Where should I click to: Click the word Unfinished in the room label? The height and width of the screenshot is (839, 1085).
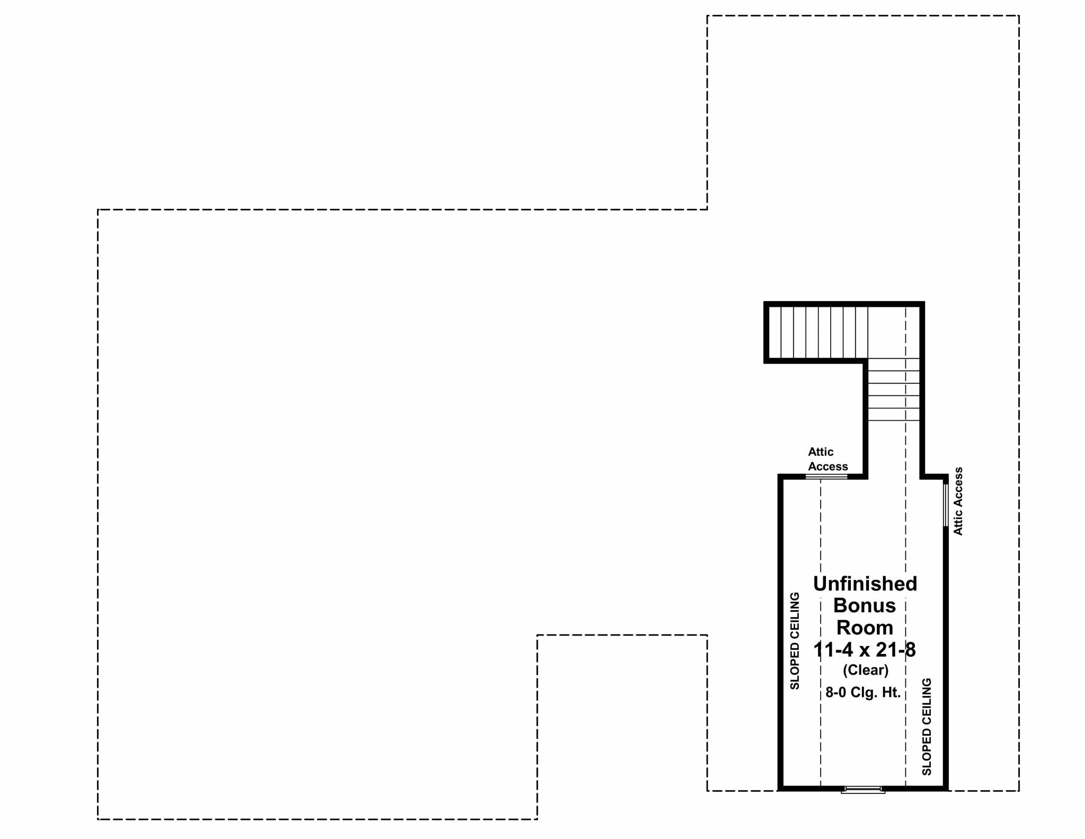tap(865, 584)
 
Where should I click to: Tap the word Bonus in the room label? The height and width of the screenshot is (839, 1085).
tap(865, 605)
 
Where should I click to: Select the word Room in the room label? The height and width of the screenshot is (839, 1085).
tap(865, 628)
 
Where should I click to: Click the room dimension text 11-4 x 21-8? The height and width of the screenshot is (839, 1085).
tap(865, 650)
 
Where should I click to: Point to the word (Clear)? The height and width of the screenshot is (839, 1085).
tap(866, 670)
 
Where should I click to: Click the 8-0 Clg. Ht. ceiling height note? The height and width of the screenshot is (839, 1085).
tap(863, 693)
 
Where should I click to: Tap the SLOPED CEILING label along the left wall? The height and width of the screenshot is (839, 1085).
tap(795, 641)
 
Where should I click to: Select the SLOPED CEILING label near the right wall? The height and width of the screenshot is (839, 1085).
tap(927, 727)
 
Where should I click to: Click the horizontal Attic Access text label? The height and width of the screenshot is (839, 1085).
tap(828, 459)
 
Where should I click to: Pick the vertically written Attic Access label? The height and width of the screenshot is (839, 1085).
tap(958, 501)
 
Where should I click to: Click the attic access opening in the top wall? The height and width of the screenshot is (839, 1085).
tap(826, 477)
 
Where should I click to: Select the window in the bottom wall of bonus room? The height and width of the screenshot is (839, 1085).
tap(864, 789)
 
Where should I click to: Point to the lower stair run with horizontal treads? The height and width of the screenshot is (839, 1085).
tap(894, 390)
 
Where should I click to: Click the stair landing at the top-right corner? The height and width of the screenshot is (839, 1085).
tap(894, 332)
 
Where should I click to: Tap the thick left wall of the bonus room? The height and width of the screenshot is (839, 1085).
tap(780, 633)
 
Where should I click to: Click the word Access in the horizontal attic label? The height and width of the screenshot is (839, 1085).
tap(828, 466)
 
